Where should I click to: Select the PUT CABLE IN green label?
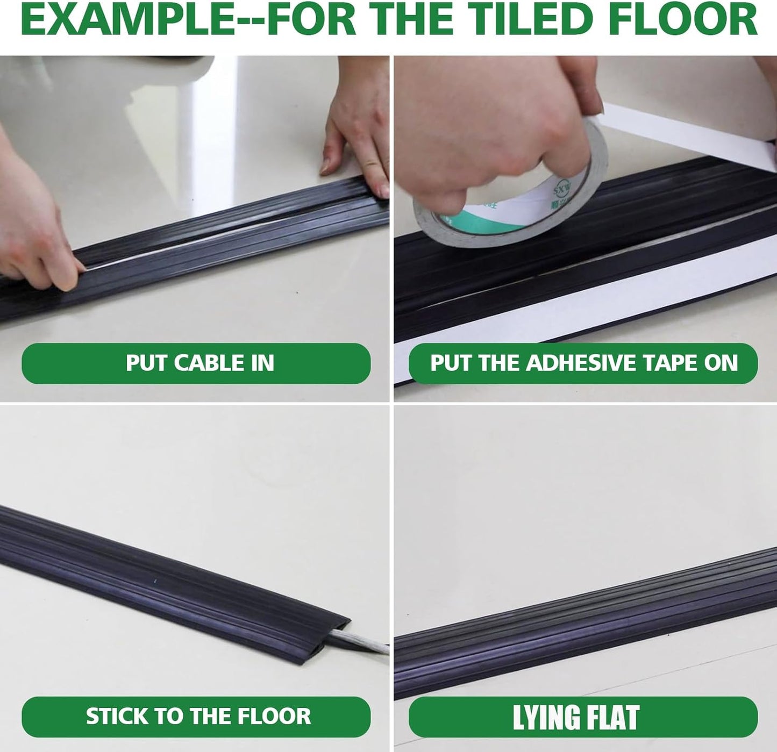196,363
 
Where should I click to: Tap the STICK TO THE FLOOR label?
196,717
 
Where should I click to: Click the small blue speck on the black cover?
154,581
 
